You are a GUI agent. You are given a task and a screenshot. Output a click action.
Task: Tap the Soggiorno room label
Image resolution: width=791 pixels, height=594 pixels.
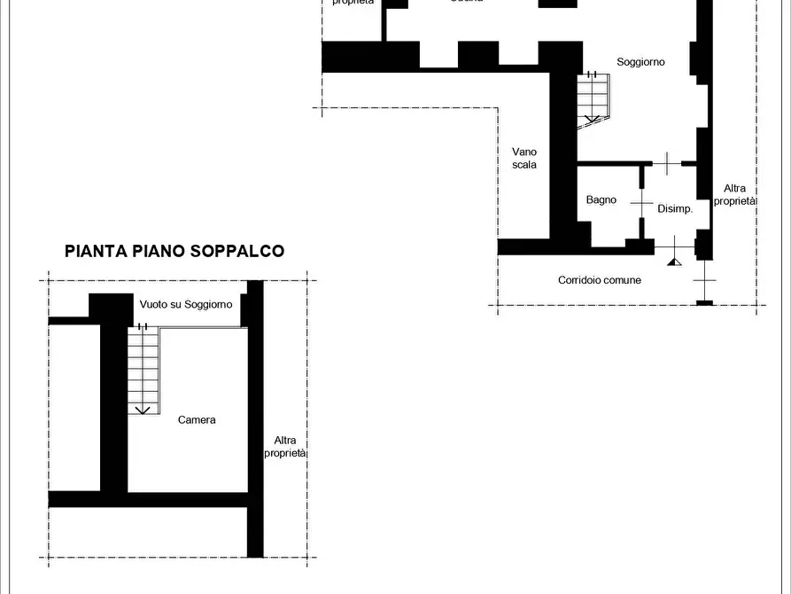coord(640,62)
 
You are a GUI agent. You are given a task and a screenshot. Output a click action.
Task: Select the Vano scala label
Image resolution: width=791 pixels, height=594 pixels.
coord(524,158)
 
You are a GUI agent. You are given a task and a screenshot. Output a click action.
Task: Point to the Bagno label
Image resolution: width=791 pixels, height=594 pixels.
coord(601,199)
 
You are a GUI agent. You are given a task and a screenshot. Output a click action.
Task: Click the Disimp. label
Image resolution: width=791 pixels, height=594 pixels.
coord(674,209)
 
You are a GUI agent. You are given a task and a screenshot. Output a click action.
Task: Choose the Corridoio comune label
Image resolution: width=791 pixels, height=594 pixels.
coord(599,280)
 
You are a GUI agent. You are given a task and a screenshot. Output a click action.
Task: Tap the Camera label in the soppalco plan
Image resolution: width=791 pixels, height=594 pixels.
coord(197,419)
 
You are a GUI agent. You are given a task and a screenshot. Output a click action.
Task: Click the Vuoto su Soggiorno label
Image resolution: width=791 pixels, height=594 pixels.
coord(186,304)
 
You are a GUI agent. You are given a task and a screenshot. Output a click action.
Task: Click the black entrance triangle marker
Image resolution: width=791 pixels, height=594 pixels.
coord(674,261)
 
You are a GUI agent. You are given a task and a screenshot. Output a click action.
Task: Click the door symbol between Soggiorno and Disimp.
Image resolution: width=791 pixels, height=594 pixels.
coord(667,162)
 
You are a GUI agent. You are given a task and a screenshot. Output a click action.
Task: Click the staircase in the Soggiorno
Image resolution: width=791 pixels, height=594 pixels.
coord(593,98)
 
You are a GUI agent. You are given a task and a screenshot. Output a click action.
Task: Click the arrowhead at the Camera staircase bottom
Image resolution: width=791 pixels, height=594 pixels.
coord(141,410)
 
